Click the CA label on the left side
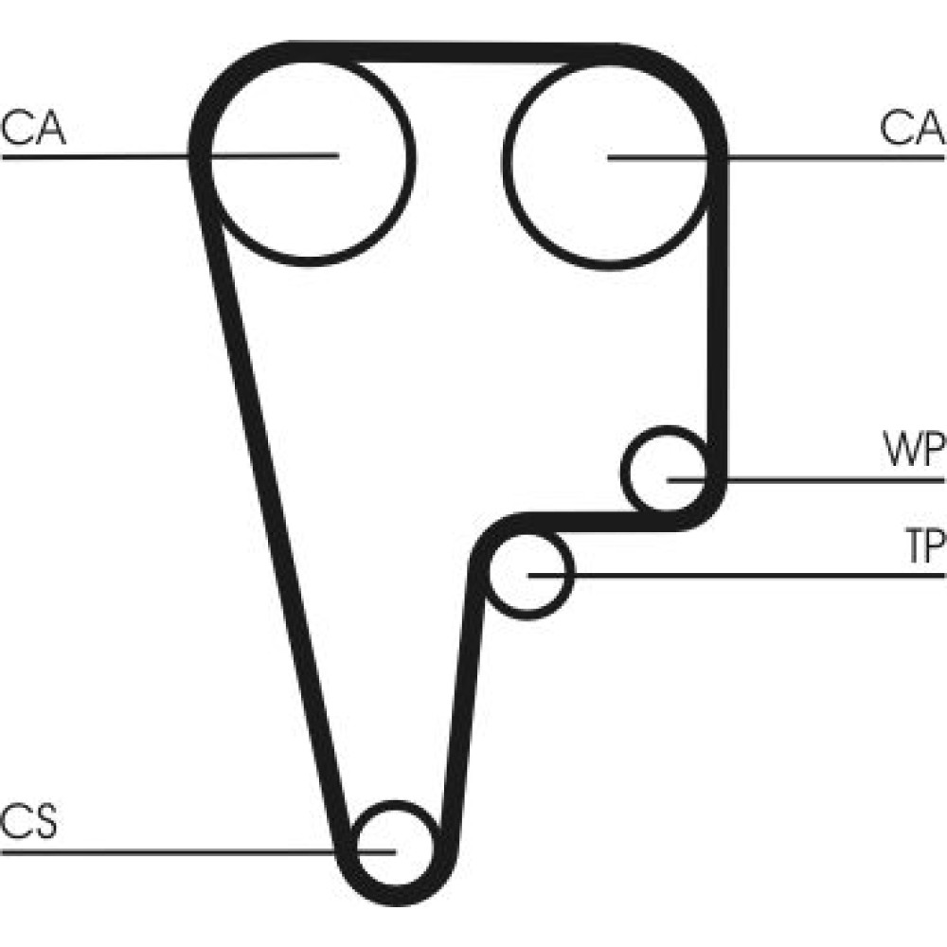tap(33, 128)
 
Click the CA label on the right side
tap(913, 128)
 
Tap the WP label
tap(913, 449)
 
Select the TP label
tap(925, 545)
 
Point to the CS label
tap(29, 821)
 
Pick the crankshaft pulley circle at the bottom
tap(396, 845)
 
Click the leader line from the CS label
tap(198, 852)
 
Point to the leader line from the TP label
tap(737, 575)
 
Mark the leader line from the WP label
tap(806, 481)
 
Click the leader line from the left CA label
tap(170, 156)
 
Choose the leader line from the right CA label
tap(777, 157)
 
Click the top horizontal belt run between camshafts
tap(453, 52)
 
